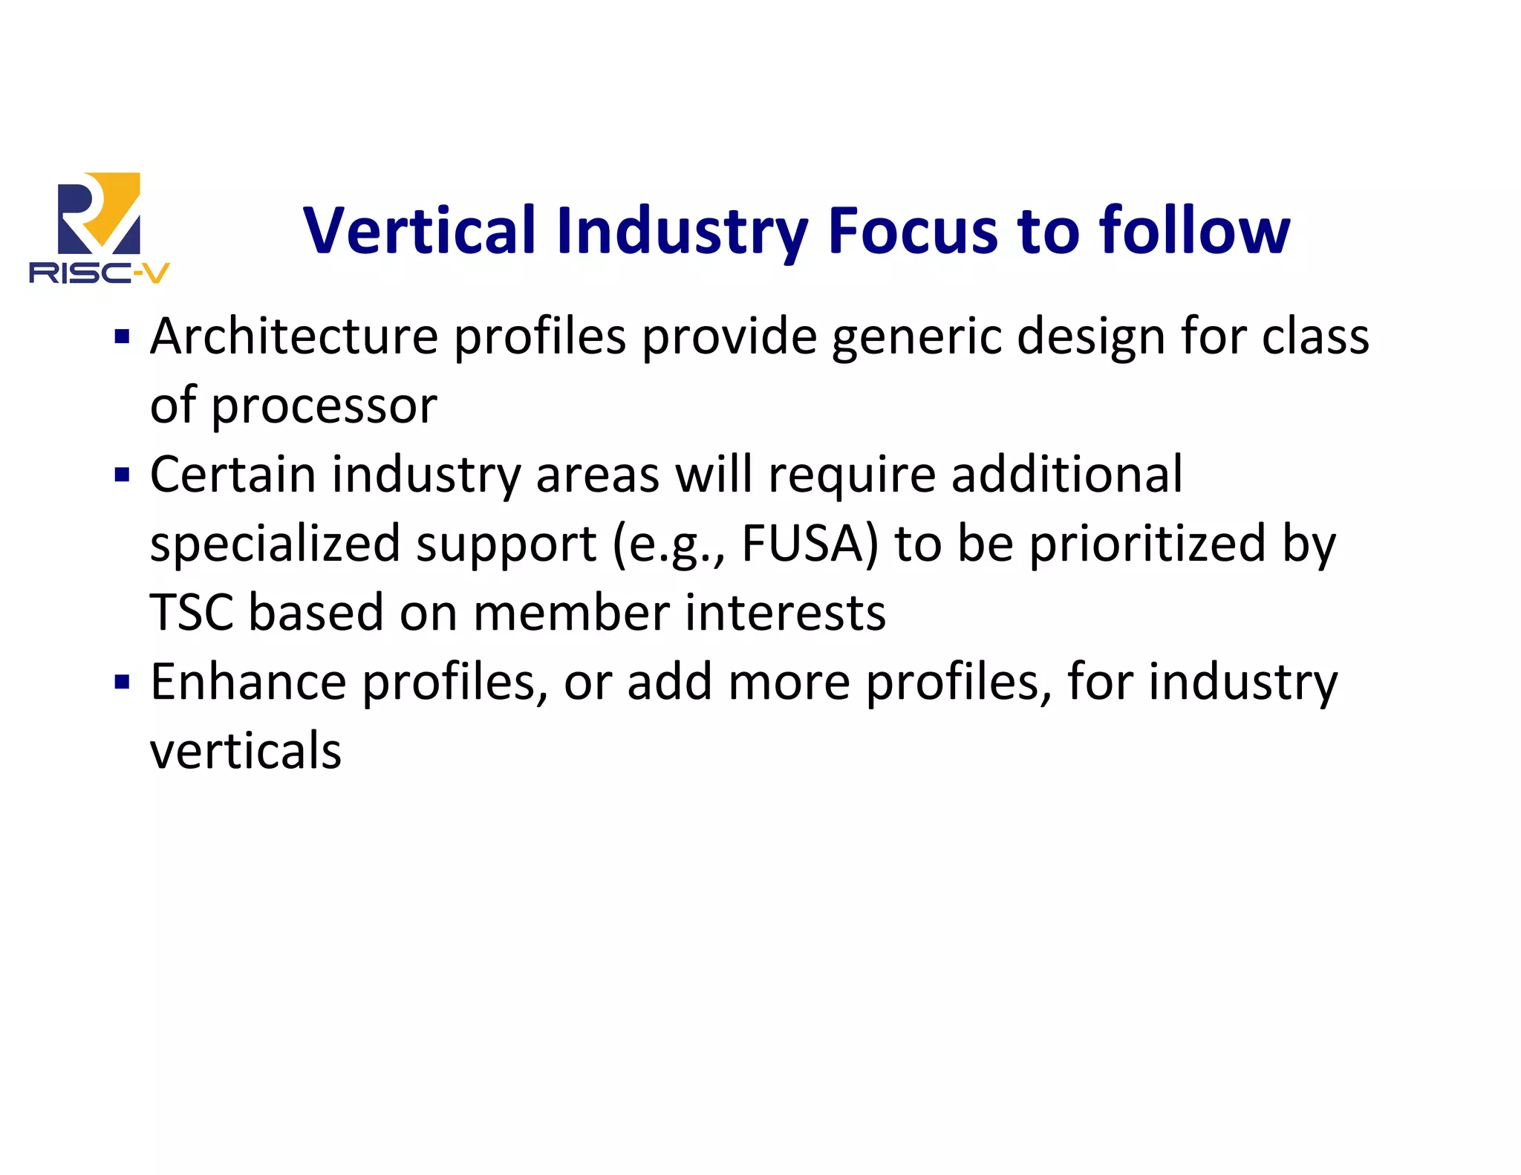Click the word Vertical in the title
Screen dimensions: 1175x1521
point(420,231)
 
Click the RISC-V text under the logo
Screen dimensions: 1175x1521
point(99,273)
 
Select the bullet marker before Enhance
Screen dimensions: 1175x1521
point(122,682)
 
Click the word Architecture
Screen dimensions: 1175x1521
point(294,336)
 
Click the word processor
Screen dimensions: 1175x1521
point(325,407)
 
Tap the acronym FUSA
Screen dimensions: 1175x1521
point(810,543)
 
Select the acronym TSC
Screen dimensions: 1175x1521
point(192,613)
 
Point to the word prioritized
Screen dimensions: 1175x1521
point(1147,543)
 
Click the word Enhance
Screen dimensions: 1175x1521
point(248,682)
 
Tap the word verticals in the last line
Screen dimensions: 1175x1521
point(246,751)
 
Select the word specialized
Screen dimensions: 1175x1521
point(275,544)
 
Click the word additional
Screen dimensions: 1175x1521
point(1066,474)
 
